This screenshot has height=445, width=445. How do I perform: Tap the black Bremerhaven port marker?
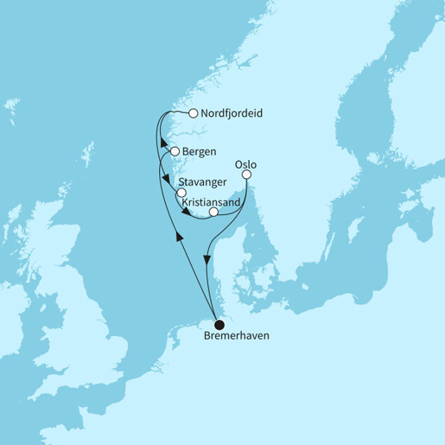(219, 324)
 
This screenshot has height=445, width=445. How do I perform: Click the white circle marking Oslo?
(246, 175)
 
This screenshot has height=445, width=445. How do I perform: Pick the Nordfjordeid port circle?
(193, 112)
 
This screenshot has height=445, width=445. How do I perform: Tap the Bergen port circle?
(175, 151)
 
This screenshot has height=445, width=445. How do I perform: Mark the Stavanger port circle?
(181, 194)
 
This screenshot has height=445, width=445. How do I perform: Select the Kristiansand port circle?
(213, 210)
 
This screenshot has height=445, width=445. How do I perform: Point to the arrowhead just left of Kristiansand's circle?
(199, 213)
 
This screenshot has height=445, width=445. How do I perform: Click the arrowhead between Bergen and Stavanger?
(165, 178)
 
